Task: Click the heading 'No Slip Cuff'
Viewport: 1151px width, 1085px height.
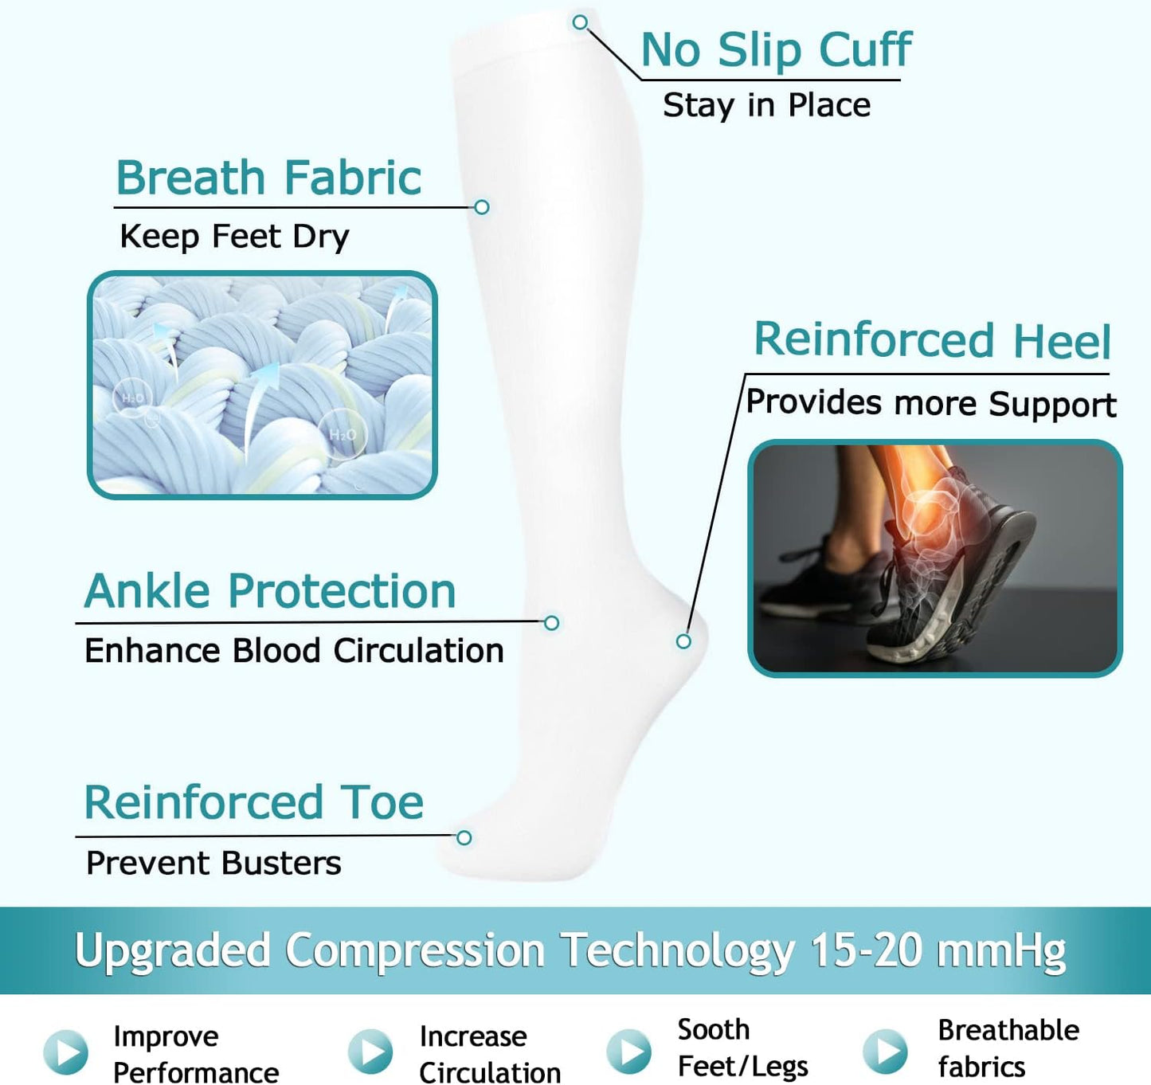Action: [776, 50]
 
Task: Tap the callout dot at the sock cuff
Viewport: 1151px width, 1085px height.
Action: [581, 22]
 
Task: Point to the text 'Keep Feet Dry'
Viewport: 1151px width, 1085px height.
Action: [234, 237]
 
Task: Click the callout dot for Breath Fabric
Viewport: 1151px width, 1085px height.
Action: [481, 207]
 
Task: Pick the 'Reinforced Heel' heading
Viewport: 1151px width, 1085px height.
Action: [932, 340]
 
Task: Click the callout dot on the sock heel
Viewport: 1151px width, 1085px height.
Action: [683, 641]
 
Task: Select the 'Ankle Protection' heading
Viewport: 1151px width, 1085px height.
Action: [270, 591]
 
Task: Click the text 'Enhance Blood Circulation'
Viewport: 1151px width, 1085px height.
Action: [294, 651]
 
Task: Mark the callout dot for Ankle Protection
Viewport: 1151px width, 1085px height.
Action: [551, 623]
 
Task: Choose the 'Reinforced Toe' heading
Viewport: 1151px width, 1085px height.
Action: [254, 802]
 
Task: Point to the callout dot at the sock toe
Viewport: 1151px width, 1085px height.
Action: [464, 837]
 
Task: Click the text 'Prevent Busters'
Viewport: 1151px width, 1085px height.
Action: [213, 864]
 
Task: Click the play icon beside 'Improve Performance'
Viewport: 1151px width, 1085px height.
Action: [65, 1052]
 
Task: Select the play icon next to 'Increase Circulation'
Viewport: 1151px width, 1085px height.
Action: [371, 1052]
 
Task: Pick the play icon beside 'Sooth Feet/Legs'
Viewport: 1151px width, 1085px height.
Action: [628, 1051]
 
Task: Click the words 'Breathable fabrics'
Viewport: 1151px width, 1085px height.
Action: [1008, 1048]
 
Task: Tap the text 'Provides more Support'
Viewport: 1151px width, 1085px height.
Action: [930, 403]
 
